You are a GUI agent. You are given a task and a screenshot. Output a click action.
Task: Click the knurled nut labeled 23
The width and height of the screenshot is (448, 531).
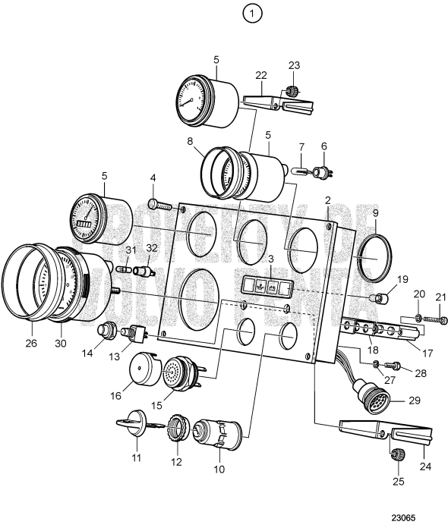pos(291,93)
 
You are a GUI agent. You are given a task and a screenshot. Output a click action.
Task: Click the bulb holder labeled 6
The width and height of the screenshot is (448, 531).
pos(324,173)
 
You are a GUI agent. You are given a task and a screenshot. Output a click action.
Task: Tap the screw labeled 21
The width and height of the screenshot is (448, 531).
pos(432,320)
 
